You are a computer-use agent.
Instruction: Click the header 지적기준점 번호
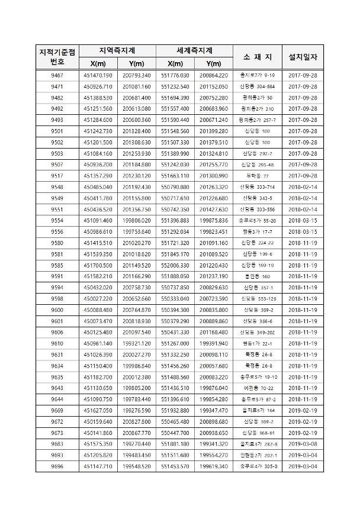57,57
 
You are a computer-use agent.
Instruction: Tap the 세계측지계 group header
195,50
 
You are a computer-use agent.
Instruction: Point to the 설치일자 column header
303,57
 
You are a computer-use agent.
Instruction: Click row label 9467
57,76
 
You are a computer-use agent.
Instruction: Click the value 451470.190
98,76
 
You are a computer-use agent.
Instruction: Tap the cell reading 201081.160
137,87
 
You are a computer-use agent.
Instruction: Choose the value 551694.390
175,98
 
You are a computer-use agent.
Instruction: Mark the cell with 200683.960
214,109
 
